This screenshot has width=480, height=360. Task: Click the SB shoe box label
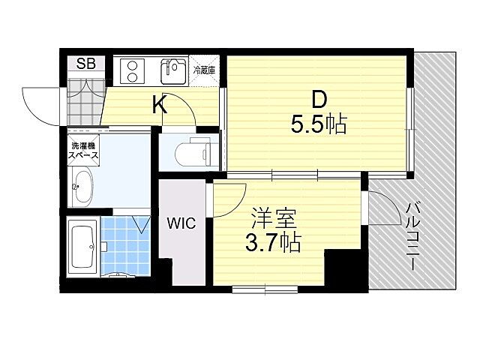(x=86, y=64)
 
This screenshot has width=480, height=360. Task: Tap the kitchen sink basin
(x=173, y=72)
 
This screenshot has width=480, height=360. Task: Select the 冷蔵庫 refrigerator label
(x=204, y=70)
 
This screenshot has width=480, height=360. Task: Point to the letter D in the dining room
(x=319, y=100)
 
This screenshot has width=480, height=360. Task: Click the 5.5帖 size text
(x=319, y=124)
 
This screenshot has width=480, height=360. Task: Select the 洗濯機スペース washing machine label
(x=83, y=150)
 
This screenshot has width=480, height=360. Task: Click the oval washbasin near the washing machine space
(x=82, y=187)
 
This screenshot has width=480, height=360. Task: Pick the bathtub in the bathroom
(x=83, y=247)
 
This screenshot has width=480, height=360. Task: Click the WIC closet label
(x=181, y=223)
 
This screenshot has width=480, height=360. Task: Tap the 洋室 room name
(x=273, y=218)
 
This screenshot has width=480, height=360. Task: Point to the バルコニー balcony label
(x=411, y=236)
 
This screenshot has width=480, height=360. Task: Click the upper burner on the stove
(x=132, y=65)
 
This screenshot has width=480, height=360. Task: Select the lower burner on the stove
(x=132, y=77)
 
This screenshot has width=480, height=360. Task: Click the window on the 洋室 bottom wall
(x=265, y=289)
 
